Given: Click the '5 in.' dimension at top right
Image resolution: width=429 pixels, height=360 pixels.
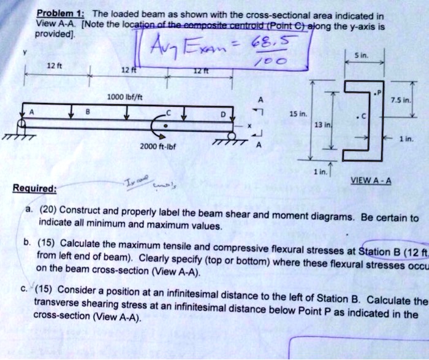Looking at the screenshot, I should pos(363,55).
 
